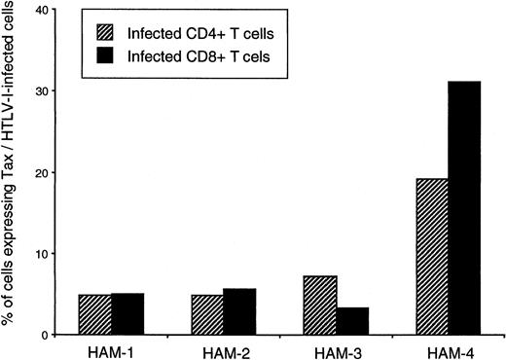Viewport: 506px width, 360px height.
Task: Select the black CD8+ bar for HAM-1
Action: pyautogui.click(x=127, y=313)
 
